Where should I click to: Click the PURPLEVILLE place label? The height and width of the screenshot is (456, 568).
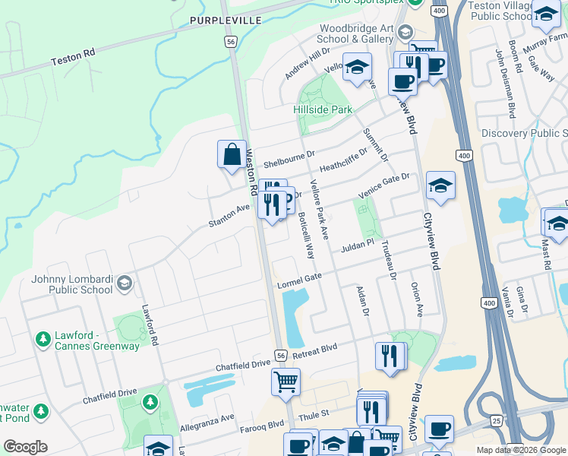pos(226,20)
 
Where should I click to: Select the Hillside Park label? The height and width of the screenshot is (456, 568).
pos(323,109)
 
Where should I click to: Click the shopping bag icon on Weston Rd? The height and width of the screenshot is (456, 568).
pos(231,154)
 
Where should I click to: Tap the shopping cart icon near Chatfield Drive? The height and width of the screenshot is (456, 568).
pos(286,382)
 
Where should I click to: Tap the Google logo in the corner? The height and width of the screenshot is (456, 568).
pos(25,447)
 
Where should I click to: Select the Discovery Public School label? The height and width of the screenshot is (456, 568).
pos(525,133)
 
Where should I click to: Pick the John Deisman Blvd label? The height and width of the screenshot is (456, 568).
pos(505,84)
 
